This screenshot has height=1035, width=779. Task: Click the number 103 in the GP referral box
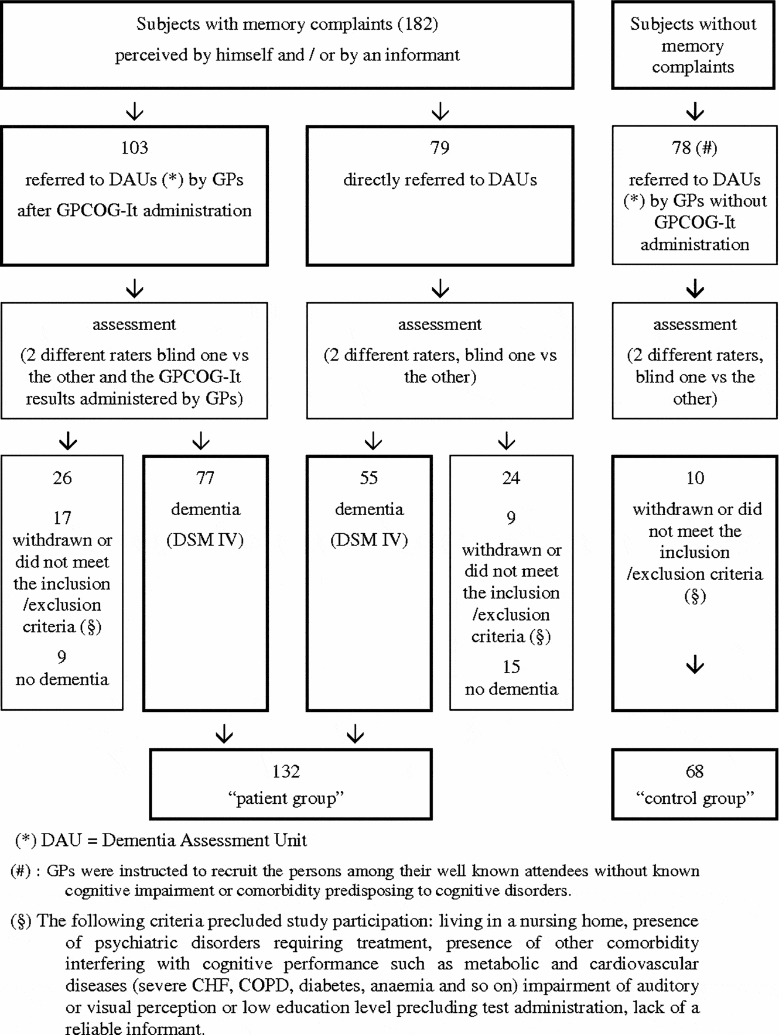[x=134, y=148]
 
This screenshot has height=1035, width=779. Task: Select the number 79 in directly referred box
[x=439, y=148]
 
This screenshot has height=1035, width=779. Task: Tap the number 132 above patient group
[x=286, y=772]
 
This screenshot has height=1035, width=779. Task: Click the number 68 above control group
[x=694, y=772]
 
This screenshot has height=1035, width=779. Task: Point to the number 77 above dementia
[x=205, y=478]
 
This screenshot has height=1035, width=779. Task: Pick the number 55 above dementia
[x=368, y=478]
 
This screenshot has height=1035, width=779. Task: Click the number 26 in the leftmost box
[x=62, y=478]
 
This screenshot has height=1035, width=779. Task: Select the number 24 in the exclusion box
[x=511, y=478]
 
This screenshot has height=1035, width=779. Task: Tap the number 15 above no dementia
[x=511, y=667]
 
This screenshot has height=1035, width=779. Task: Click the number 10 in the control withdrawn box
[x=695, y=478]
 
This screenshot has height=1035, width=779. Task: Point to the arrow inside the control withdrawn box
[x=695, y=665]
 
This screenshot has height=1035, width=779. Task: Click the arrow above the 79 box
[x=440, y=111]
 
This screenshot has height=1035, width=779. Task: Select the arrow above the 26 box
[x=69, y=441]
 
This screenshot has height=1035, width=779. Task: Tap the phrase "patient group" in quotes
[x=286, y=798]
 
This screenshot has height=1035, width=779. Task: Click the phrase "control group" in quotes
[x=695, y=798]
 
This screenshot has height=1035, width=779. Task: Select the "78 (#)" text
[x=694, y=148]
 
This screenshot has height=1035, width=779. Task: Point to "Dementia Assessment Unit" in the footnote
[x=204, y=841]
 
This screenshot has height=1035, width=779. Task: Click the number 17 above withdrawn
[x=62, y=518]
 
